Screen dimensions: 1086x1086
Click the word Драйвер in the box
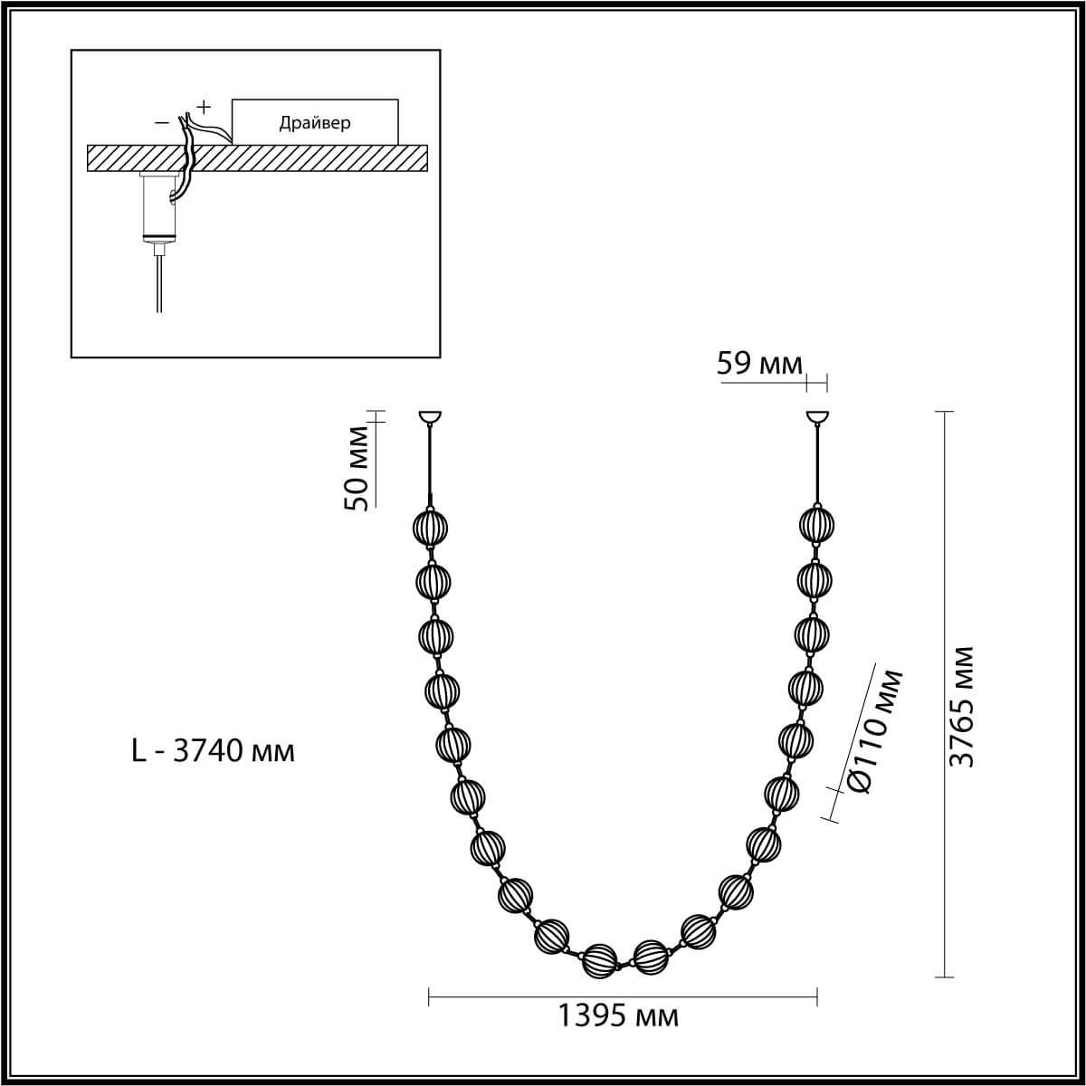pyautogui.click(x=314, y=123)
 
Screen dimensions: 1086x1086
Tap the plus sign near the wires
pyautogui.click(x=204, y=106)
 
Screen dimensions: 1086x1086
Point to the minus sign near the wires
pyautogui.click(x=162, y=123)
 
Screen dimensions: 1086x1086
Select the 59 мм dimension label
pyautogui.click(x=758, y=364)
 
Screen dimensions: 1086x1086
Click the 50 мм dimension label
pyautogui.click(x=357, y=468)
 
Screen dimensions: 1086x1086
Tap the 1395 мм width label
pyautogui.click(x=618, y=1016)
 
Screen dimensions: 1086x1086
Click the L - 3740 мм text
pyautogui.click(x=213, y=750)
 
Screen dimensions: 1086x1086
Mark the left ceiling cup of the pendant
pyautogui.click(x=430, y=417)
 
